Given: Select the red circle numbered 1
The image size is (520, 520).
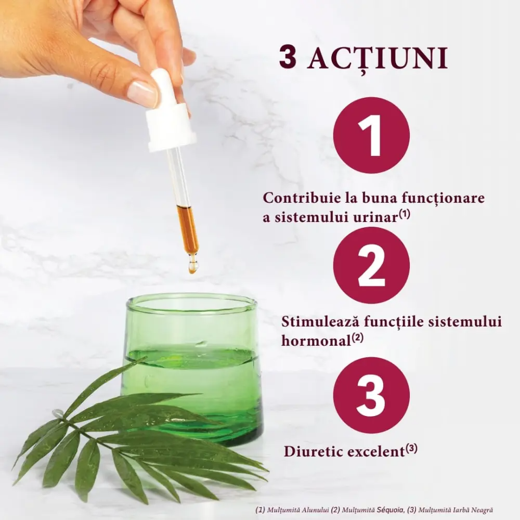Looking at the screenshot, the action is pyautogui.click(x=371, y=135).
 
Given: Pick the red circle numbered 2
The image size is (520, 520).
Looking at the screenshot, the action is pyautogui.click(x=371, y=265).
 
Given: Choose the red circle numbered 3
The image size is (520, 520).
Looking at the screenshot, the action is pyautogui.click(x=371, y=395).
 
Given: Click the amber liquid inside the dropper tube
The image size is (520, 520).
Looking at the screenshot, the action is pyautogui.click(x=187, y=228).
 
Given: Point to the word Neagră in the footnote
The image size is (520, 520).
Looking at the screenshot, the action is pyautogui.click(x=482, y=510).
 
